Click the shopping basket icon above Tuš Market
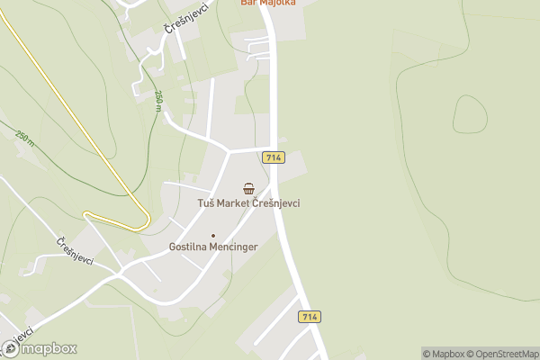click(248, 188)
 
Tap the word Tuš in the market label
click(206, 203)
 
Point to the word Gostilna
click(188, 247)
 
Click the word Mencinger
click(233, 247)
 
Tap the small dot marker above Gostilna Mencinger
click(213, 235)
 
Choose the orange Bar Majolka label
click(268, 3)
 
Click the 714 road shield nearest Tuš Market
click(274, 157)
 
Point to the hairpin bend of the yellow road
click(87, 214)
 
